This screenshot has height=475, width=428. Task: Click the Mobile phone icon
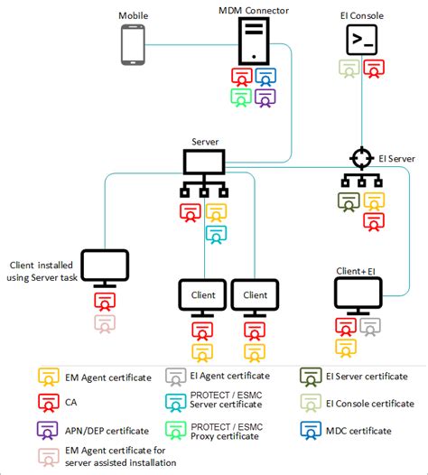(x=133, y=45)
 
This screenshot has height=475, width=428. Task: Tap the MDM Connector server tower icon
(x=254, y=41)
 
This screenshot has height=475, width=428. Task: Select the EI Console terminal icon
(x=362, y=40)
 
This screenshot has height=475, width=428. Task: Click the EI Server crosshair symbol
(x=362, y=158)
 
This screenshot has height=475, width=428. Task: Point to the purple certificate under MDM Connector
(x=265, y=98)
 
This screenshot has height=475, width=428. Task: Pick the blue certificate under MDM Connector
(x=265, y=77)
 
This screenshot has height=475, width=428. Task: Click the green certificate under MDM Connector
(x=241, y=98)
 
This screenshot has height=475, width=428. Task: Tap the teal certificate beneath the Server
(x=216, y=235)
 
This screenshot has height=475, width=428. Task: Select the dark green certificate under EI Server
(x=349, y=202)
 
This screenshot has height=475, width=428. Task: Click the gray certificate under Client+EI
(x=370, y=327)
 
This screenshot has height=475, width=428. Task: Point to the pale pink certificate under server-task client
(x=105, y=324)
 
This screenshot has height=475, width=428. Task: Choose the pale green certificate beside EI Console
(x=349, y=69)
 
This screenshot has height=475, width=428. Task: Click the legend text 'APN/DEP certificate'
(x=107, y=431)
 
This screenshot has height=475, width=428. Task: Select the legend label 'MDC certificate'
(x=358, y=431)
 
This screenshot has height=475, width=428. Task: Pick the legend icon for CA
(x=49, y=403)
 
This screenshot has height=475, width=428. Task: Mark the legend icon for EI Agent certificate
(x=176, y=377)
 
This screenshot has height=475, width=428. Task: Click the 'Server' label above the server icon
(x=205, y=142)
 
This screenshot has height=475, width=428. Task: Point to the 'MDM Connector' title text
(x=254, y=11)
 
